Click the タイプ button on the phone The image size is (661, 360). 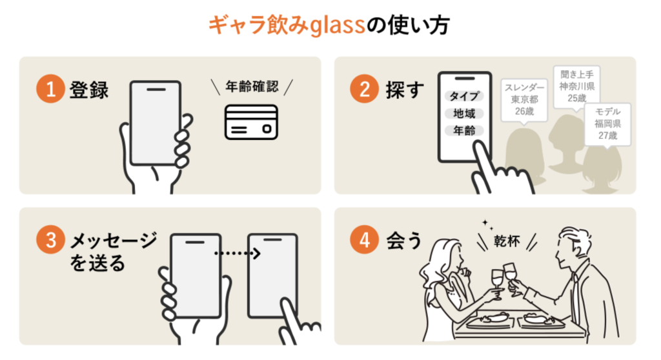click(464, 96)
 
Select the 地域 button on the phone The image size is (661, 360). click(464, 114)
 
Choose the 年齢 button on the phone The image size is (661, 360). click(464, 131)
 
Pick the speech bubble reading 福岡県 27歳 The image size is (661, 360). click(607, 123)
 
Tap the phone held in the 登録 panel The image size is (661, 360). click(155, 123)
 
